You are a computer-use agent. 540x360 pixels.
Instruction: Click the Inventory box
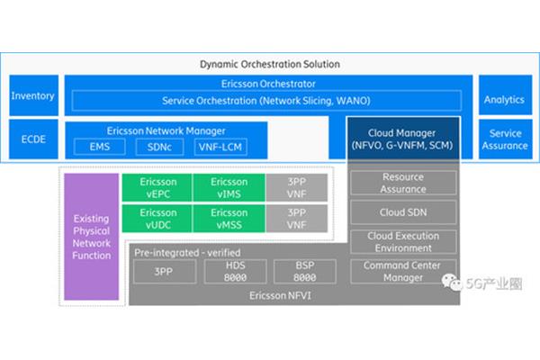[34, 95]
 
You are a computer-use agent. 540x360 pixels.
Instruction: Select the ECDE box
[33, 139]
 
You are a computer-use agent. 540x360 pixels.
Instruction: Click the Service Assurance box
[505, 139]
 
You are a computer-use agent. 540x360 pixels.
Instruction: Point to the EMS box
[100, 147]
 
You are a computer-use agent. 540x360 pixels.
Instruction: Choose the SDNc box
[159, 147]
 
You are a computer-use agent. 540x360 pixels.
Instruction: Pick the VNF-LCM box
[220, 147]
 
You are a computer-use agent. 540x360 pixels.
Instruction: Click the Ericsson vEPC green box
[157, 188]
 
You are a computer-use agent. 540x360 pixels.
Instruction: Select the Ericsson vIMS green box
[229, 188]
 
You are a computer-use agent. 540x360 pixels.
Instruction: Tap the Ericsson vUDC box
[157, 219]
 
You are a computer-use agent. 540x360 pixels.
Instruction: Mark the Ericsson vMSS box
[229, 219]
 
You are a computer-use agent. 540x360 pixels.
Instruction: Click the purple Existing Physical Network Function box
[91, 237]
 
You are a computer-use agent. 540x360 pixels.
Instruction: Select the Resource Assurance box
[403, 183]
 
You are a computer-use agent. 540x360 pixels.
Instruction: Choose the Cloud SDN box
[403, 212]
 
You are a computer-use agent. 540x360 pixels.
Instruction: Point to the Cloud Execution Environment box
[403, 242]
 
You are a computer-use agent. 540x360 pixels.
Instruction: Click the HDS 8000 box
[235, 272]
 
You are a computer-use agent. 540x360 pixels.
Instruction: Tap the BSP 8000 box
[305, 272]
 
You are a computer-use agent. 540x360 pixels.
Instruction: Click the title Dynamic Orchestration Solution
[270, 64]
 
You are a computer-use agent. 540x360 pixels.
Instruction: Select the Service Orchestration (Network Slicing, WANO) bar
[266, 101]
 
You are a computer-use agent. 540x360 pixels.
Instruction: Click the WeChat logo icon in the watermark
[452, 283]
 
